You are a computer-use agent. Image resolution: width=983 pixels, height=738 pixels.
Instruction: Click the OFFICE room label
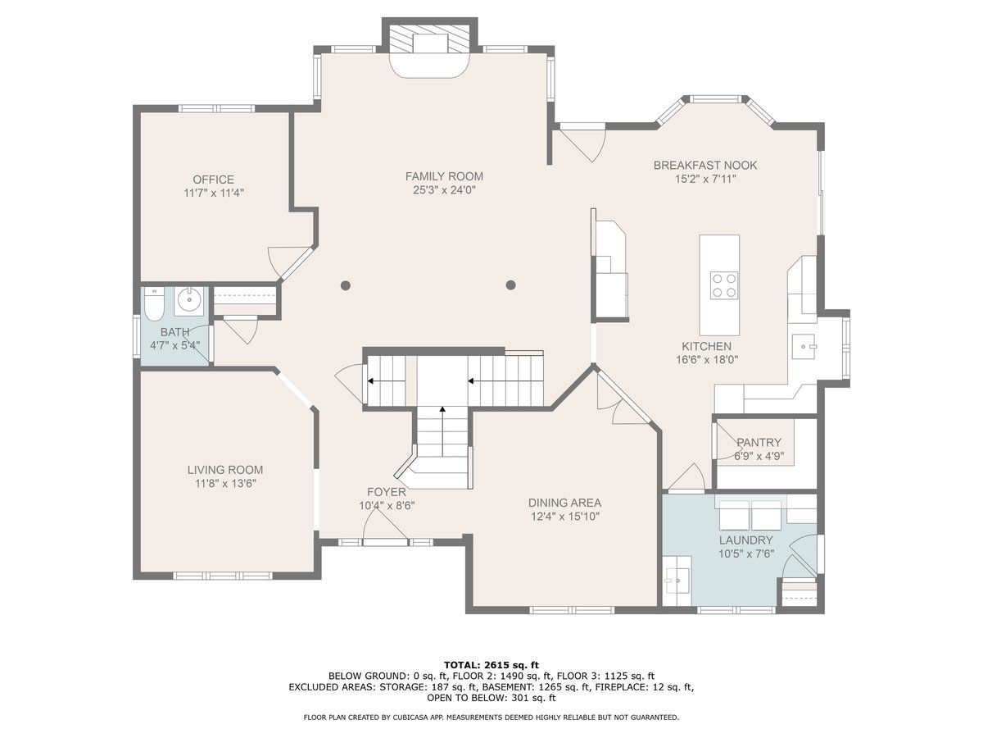(x=213, y=180)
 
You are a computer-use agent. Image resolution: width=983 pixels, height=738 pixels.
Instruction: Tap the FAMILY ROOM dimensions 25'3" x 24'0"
(x=444, y=190)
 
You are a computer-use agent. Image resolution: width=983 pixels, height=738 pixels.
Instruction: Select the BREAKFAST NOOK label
(x=705, y=165)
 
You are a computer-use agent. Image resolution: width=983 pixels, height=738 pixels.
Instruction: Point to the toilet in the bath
(x=154, y=305)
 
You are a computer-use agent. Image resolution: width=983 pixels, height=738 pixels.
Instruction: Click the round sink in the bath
(x=190, y=298)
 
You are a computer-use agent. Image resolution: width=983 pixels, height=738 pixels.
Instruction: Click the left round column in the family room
(x=346, y=285)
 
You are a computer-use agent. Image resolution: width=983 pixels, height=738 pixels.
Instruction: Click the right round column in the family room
(x=510, y=285)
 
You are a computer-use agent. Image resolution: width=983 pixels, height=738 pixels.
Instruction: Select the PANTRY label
(x=759, y=442)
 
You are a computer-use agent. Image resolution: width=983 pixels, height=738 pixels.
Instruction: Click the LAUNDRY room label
(x=746, y=540)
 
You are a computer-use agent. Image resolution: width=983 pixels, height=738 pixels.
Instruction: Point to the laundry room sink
(x=677, y=580)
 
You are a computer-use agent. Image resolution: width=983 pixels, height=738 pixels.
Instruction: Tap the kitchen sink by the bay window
(x=804, y=346)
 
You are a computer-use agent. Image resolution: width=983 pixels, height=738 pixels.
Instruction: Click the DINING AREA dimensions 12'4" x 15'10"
(x=564, y=517)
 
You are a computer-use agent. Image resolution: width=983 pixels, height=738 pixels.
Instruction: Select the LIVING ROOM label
(x=224, y=470)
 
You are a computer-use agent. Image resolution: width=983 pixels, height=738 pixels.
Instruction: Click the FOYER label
(x=387, y=491)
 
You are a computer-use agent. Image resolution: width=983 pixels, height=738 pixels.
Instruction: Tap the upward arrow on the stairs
(x=442, y=431)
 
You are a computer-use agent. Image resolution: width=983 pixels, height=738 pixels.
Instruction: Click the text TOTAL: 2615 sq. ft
(x=491, y=664)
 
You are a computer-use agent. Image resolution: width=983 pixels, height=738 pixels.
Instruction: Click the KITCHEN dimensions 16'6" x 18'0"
(x=707, y=359)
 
